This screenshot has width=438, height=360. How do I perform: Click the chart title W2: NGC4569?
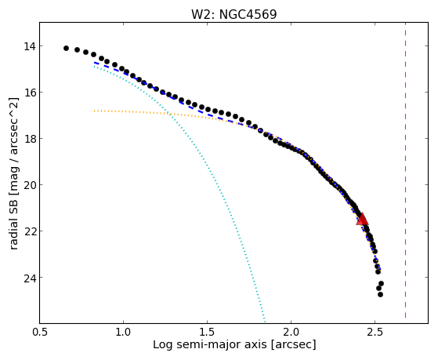coord(233,14)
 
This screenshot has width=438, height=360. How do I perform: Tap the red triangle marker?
coord(362,219)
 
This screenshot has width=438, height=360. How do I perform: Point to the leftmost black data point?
coord(66,48)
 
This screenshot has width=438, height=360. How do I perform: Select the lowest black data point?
coord(380,294)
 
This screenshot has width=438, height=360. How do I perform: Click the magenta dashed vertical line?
coord(405,170)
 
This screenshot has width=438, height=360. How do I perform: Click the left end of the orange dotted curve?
coord(94,111)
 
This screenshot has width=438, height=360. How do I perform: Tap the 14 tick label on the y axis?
coord(29,46)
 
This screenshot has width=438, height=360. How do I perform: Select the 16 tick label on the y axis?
coord(29,93)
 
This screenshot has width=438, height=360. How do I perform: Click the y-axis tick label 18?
coord(29,139)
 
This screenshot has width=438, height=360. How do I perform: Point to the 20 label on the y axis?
coord(29,185)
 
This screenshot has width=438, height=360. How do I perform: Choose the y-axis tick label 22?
coord(29,231)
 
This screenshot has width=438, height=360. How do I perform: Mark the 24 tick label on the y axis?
coord(29,278)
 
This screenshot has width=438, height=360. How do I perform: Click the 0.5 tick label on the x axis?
coord(40,332)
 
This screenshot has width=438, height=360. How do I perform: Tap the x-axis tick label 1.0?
coord(123,332)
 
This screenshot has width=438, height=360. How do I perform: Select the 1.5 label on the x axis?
coord(208,332)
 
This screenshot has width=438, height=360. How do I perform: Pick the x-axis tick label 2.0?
coord(291,332)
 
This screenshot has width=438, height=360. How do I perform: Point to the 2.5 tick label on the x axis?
coord(375,332)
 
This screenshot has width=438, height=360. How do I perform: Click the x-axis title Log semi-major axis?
coord(210,345)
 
